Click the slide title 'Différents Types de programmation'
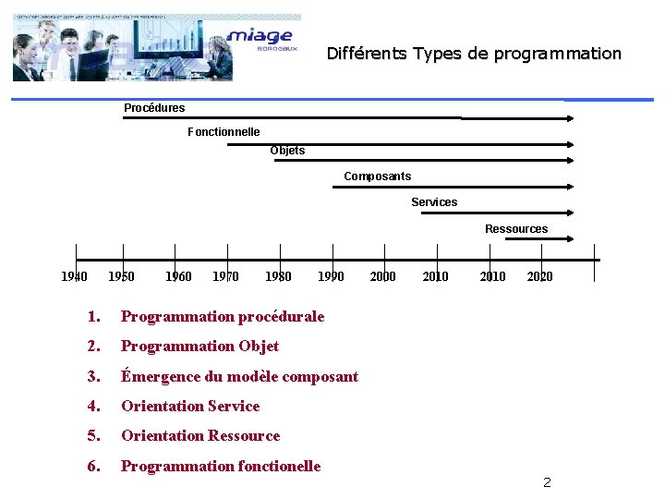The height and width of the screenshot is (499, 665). tap(474, 54)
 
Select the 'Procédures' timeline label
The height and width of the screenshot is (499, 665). tap(154, 108)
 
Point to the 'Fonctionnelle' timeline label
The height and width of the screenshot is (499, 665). tap(224, 132)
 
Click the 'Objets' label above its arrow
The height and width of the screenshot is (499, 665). tap(287, 151)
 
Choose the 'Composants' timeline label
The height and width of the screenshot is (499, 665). tap(377, 176)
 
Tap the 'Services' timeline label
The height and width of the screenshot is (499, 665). tap(434, 202)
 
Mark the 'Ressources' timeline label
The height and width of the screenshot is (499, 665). tap(516, 229)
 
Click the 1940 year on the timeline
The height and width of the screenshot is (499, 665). tap(74, 276)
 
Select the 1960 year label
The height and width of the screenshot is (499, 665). tap(178, 276)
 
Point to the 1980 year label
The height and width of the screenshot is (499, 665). tap(278, 276)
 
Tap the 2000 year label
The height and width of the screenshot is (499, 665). tap(382, 276)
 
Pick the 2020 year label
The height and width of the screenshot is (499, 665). tap(539, 276)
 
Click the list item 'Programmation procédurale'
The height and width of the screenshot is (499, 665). tap(223, 317)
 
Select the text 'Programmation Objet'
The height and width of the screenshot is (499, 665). tap(199, 347)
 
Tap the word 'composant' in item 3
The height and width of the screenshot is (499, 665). tap(320, 376)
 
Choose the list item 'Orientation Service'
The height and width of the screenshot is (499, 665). tap(190, 407)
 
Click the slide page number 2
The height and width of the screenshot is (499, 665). tap(547, 482)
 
